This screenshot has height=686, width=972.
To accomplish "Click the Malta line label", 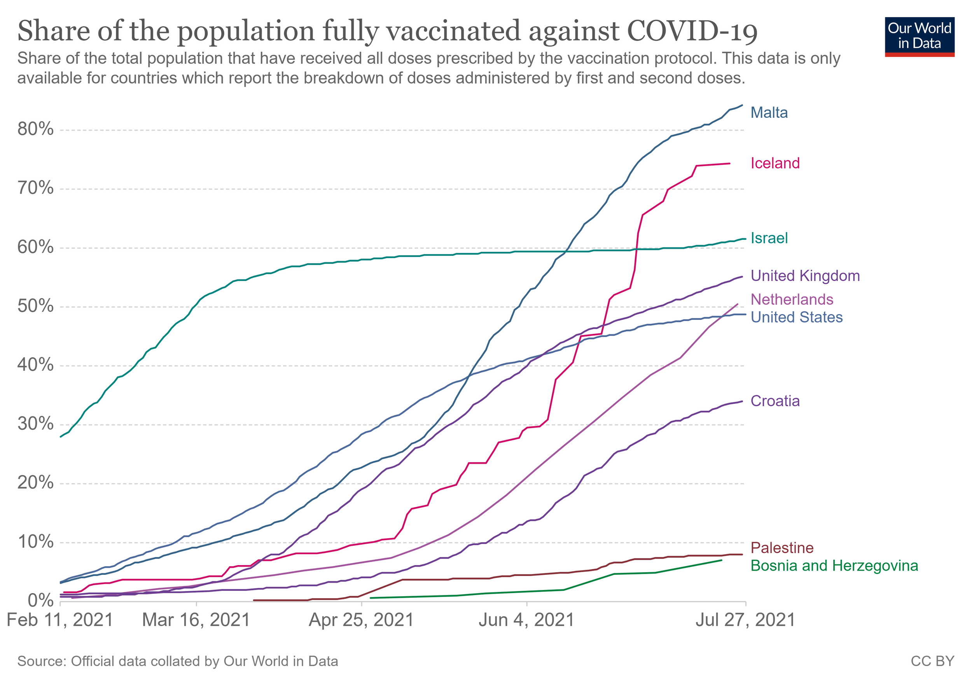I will [769, 113].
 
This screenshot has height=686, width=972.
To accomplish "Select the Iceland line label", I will [775, 163].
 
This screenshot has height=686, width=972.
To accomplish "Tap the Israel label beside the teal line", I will [769, 238].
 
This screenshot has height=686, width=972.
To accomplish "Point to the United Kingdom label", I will [805, 276].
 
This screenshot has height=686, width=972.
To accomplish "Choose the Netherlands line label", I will [792, 300].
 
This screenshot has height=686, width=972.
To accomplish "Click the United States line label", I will [796, 318].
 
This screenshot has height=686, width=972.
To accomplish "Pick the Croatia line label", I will [775, 401].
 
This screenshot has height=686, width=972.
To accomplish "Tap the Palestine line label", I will [782, 548].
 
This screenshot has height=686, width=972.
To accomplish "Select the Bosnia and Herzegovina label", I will [834, 566].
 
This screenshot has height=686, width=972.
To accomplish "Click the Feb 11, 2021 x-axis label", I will [60, 620].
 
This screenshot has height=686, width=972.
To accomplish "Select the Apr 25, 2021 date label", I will [361, 620].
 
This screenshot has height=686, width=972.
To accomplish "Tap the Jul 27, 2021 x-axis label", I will [745, 620].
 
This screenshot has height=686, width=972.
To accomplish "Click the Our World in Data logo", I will [920, 37].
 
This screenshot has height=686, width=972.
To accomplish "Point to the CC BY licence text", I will [932, 662].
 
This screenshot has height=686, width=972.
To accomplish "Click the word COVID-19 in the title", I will [692, 31].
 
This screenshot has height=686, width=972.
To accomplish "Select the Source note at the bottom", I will [178, 662].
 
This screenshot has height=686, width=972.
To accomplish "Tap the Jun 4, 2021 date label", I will [526, 620].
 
